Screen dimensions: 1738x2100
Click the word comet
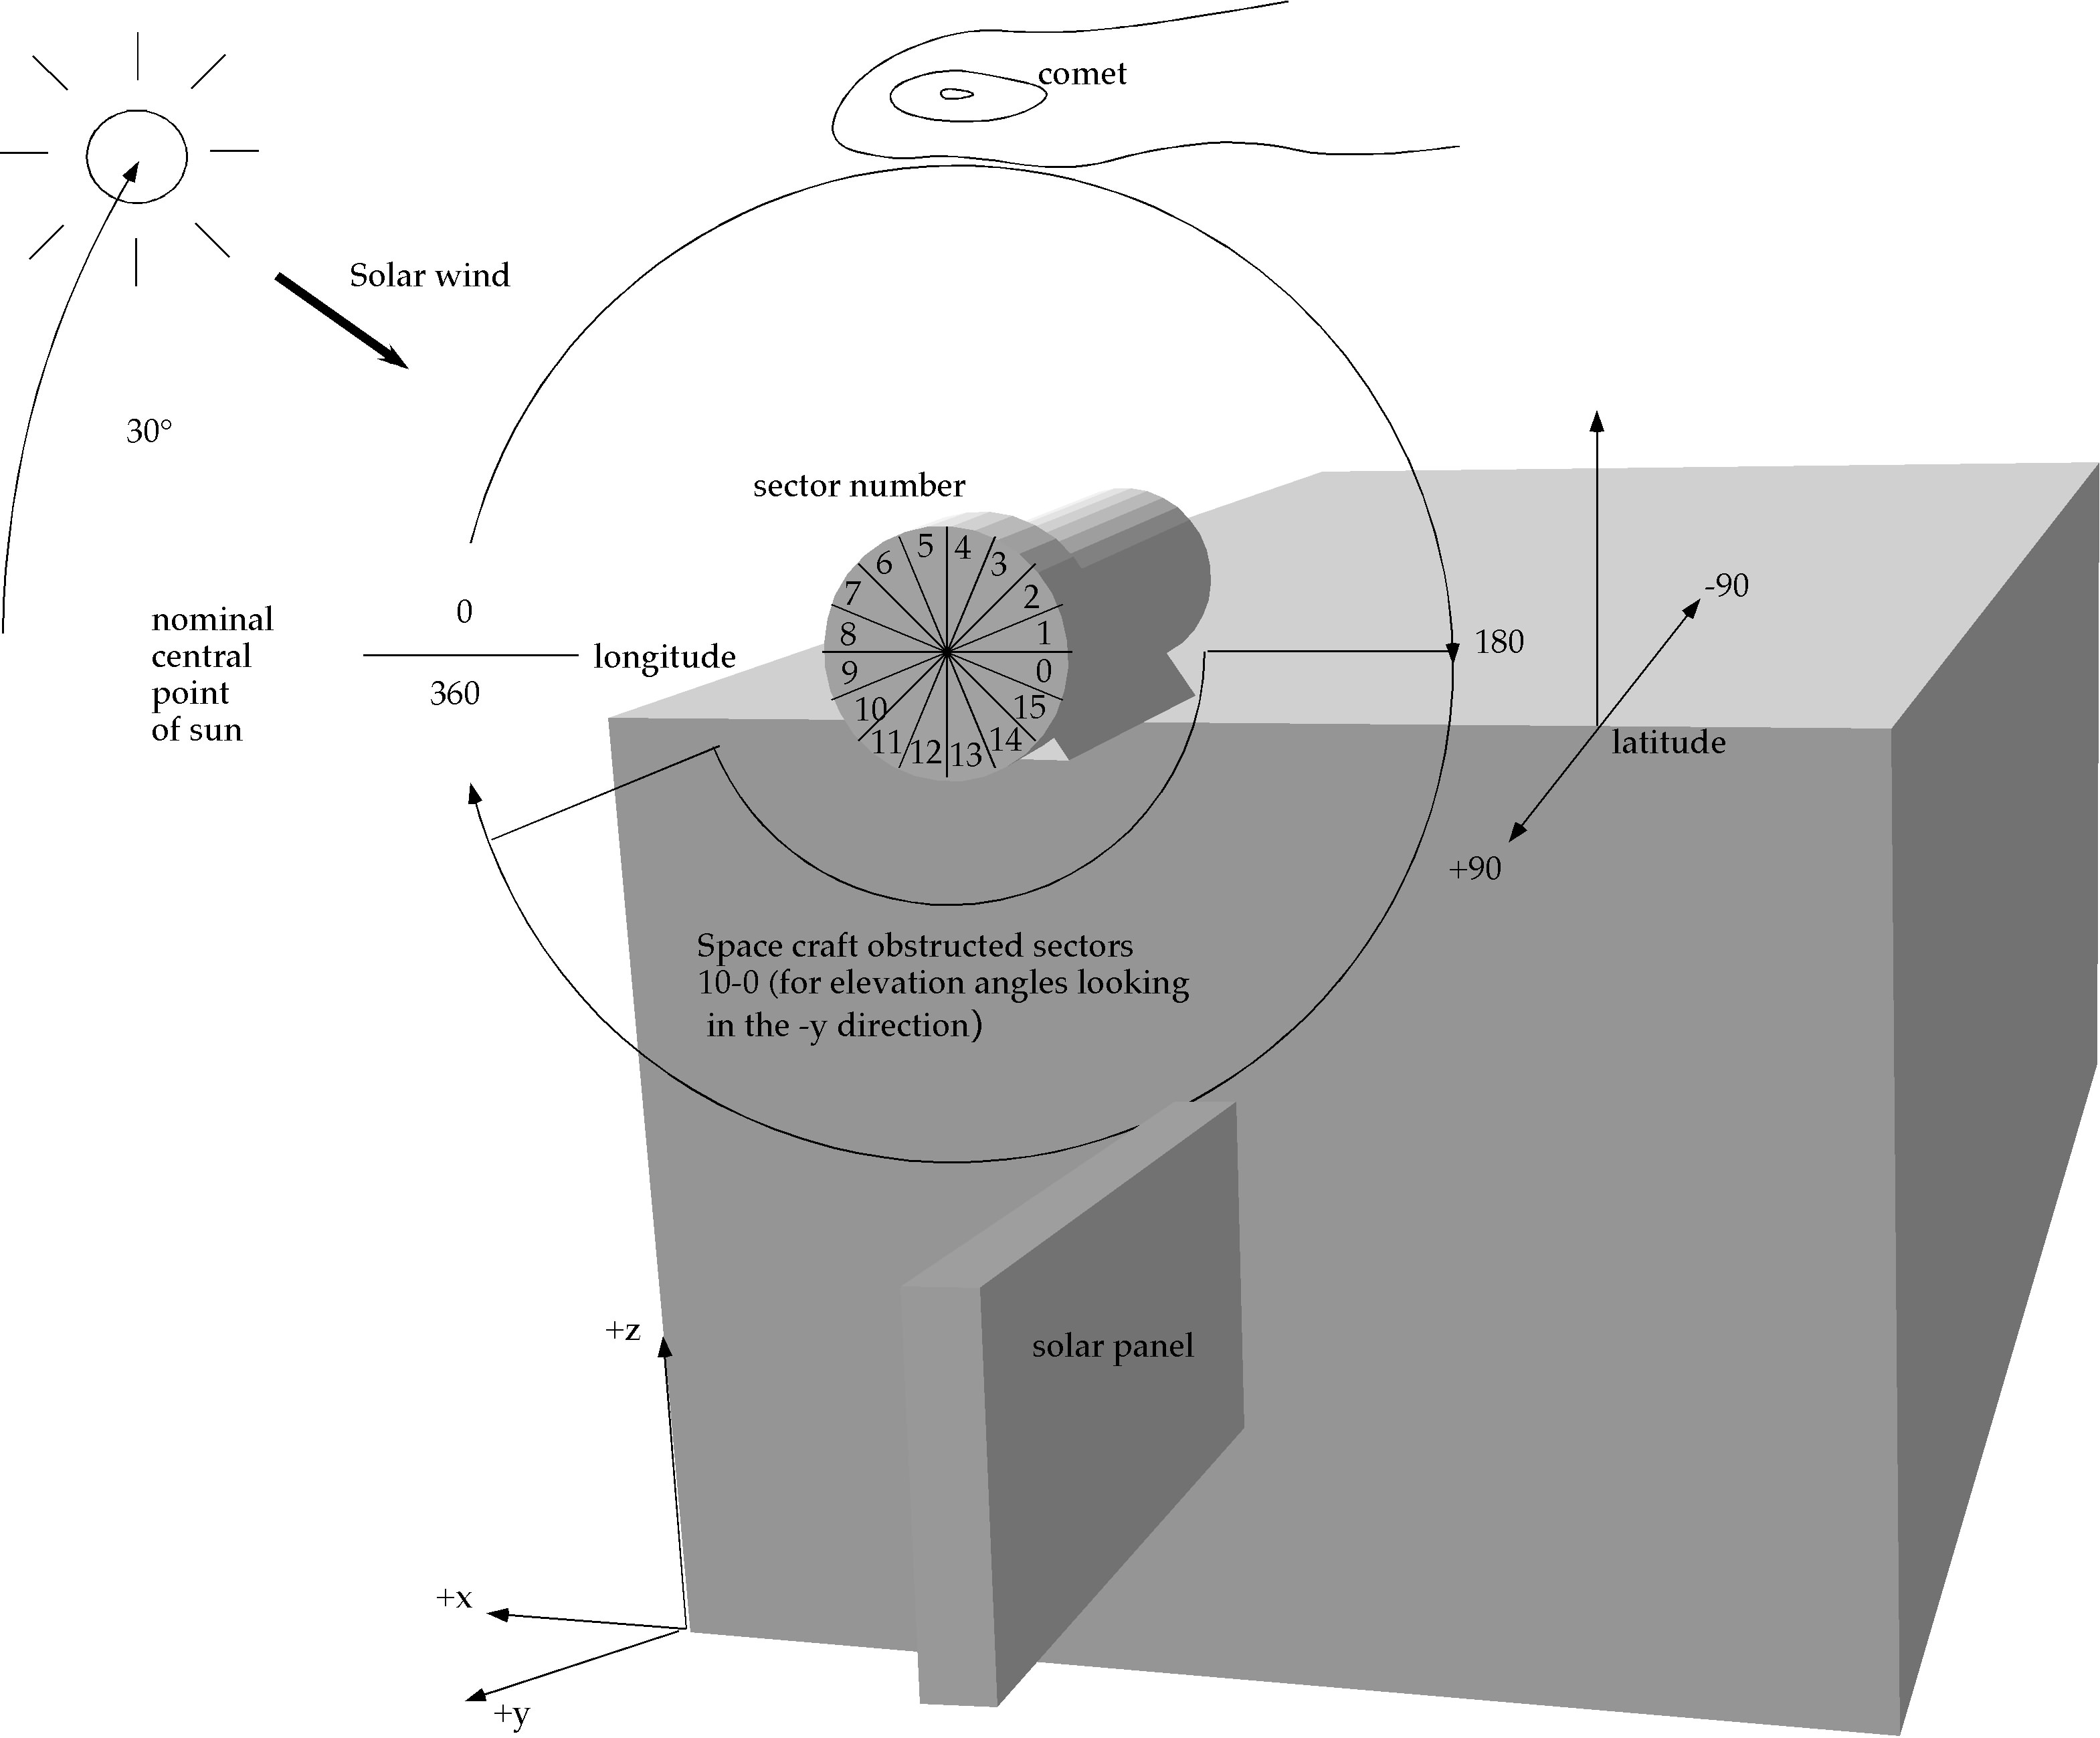(1081, 74)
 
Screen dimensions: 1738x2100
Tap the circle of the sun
(136, 156)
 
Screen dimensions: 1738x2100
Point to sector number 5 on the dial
(925, 546)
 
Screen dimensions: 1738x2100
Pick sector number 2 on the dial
(1031, 597)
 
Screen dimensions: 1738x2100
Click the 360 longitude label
(454, 694)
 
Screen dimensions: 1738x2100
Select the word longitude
(664, 657)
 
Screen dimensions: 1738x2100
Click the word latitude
(1668, 742)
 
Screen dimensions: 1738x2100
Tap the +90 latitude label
(1475, 868)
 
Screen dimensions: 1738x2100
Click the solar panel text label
(1112, 1346)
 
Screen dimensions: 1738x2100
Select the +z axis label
(622, 1329)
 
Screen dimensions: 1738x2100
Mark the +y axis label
(511, 1714)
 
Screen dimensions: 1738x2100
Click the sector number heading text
(858, 486)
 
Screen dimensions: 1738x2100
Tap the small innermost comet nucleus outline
(956, 95)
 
